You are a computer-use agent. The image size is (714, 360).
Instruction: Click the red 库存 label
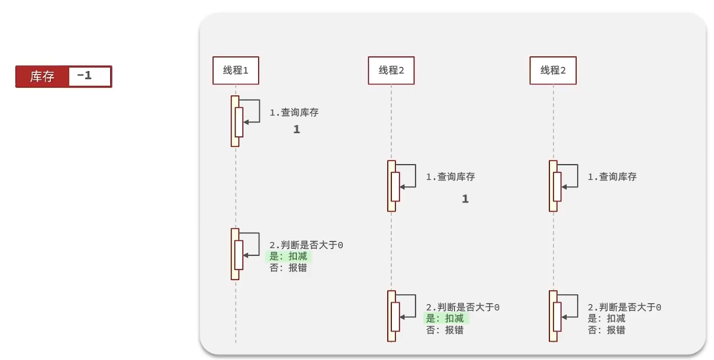click(x=42, y=77)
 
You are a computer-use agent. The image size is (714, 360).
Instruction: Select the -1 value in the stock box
click(x=85, y=76)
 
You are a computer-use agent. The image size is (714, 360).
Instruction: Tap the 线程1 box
click(x=236, y=70)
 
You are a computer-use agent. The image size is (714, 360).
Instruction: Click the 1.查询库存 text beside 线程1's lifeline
click(x=294, y=112)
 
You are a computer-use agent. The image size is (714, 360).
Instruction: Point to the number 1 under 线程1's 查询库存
click(x=297, y=130)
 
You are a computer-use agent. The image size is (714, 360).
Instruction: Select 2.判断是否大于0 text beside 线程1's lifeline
click(x=306, y=245)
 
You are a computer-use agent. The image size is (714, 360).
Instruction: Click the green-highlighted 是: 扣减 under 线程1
click(x=288, y=256)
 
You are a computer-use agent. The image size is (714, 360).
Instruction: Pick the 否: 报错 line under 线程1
click(x=288, y=268)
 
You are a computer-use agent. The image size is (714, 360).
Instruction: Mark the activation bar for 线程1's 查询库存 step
click(x=235, y=121)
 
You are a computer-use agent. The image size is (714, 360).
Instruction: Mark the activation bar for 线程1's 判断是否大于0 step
click(x=235, y=254)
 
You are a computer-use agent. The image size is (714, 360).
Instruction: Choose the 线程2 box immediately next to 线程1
click(x=391, y=70)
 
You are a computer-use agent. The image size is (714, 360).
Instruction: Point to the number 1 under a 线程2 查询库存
click(x=465, y=200)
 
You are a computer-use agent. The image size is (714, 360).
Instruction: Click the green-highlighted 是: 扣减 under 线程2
click(x=447, y=319)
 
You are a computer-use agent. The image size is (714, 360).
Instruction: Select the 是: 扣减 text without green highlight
click(x=606, y=319)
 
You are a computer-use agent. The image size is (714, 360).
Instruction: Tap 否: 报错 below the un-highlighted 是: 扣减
click(x=606, y=330)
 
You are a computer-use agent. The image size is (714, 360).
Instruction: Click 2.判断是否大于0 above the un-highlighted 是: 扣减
click(x=624, y=307)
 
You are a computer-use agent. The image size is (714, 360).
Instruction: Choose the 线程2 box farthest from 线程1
click(x=553, y=70)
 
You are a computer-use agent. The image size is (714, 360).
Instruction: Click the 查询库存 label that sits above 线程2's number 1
click(x=450, y=176)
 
